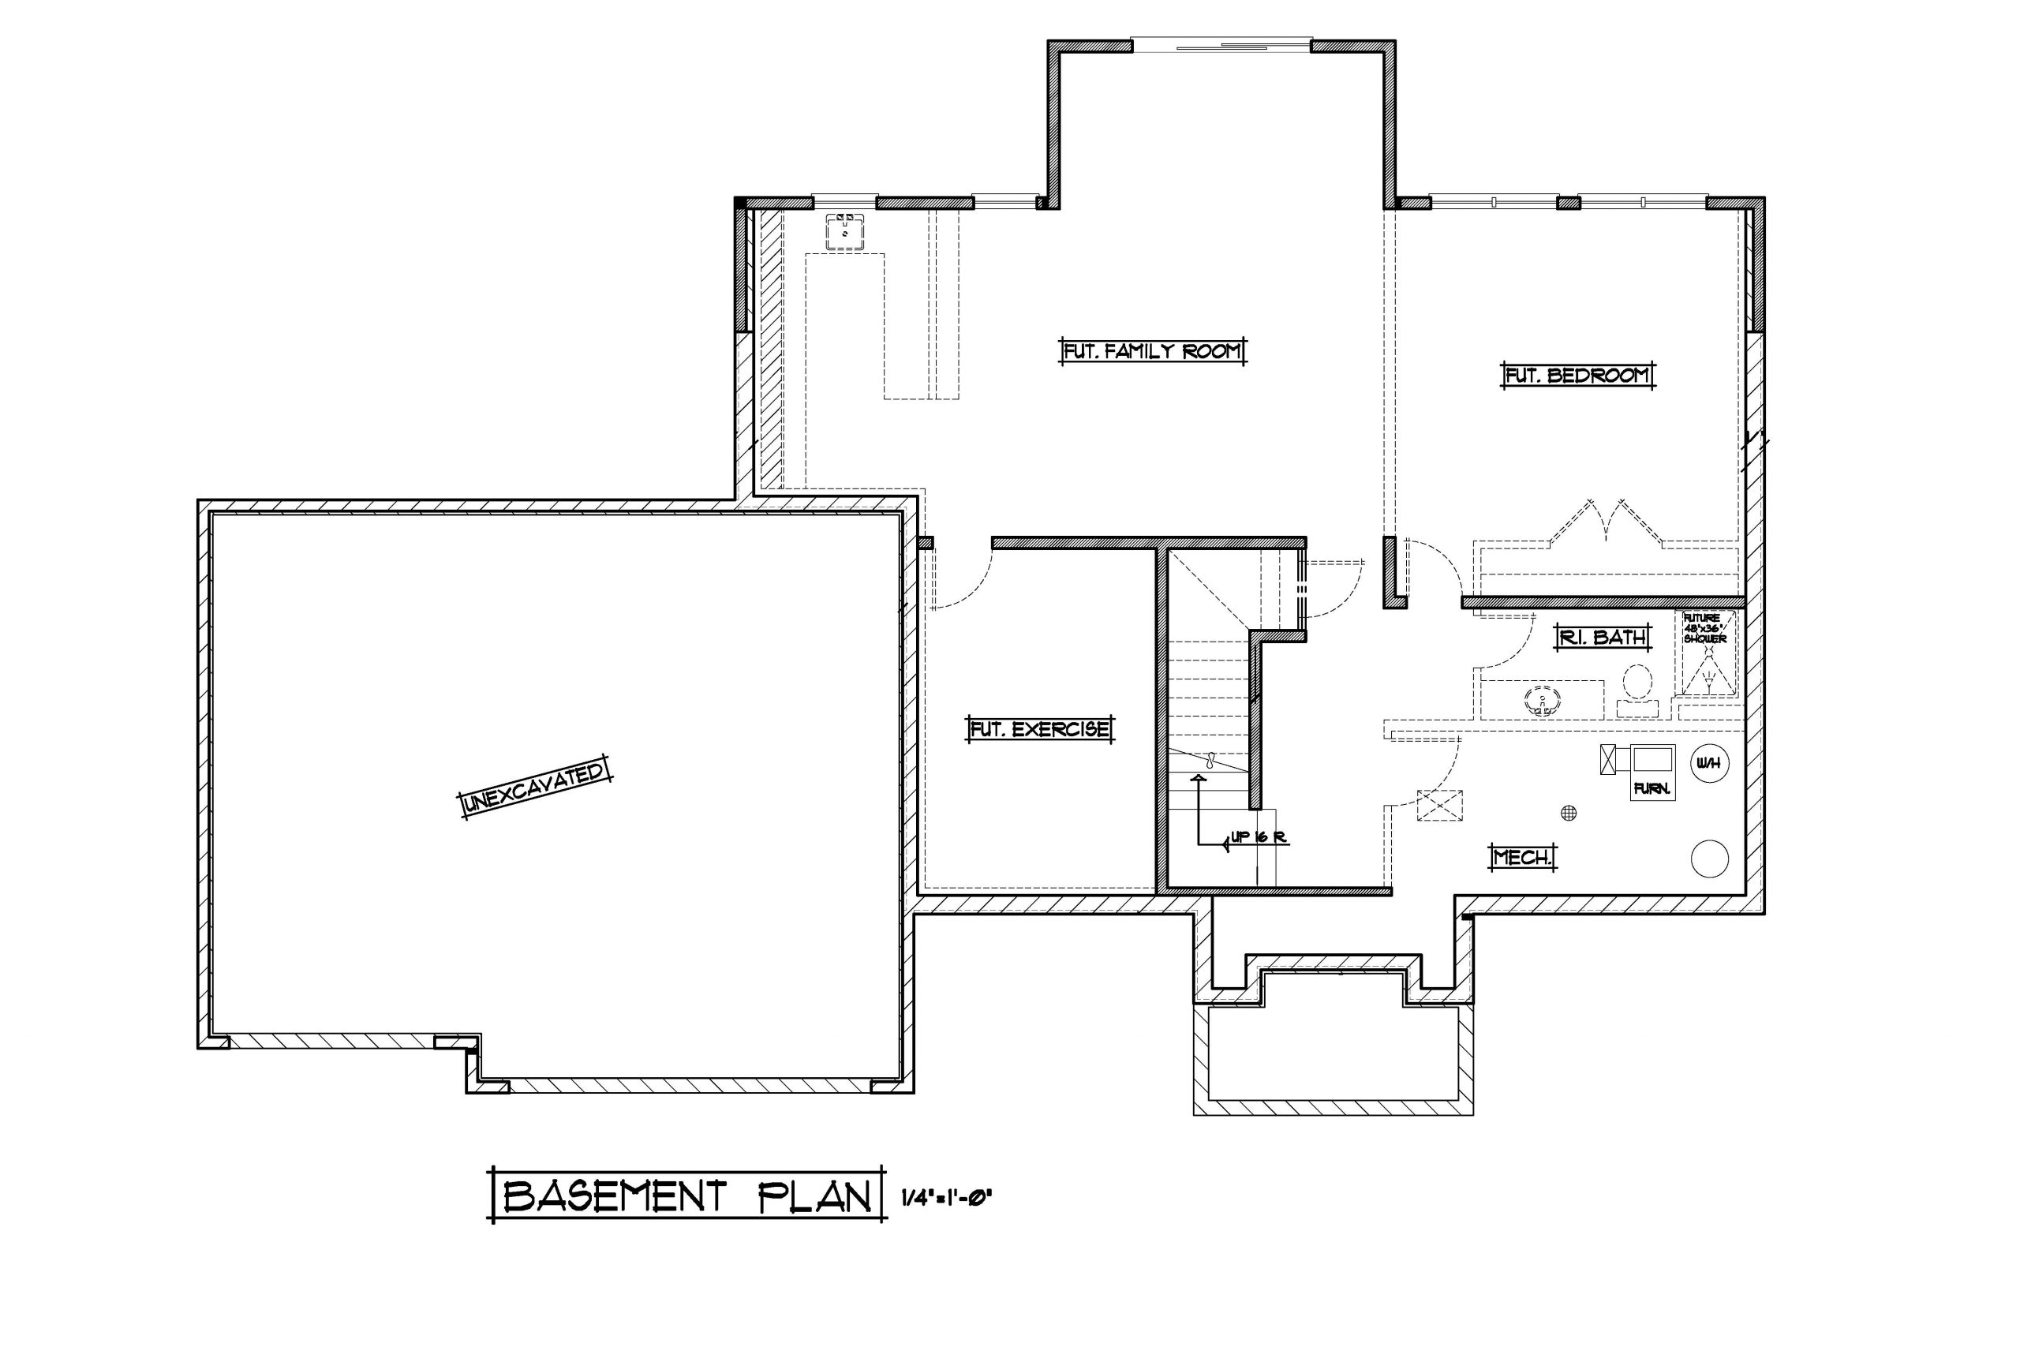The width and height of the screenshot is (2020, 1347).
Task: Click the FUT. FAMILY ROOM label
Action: [1152, 351]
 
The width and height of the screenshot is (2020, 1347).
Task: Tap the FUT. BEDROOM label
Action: [1577, 376]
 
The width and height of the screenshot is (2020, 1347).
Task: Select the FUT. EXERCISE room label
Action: [1039, 729]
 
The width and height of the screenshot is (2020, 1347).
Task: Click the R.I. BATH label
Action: [1603, 637]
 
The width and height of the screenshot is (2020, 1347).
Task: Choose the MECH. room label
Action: [1524, 856]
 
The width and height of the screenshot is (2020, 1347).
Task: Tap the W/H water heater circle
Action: [1709, 763]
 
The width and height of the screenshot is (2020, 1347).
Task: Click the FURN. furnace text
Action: [1651, 788]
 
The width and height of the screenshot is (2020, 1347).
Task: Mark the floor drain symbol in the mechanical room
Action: [1568, 812]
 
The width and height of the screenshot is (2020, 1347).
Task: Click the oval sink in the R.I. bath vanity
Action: [1543, 698]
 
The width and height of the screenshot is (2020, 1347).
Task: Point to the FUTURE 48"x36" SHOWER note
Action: [1704, 628]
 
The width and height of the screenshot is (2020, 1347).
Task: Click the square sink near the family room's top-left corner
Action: [845, 231]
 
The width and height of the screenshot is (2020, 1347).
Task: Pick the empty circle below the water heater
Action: [1709, 859]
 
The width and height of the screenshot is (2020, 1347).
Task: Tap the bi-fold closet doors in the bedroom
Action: [1605, 522]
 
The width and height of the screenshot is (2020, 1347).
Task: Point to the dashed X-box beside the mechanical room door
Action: [1438, 806]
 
